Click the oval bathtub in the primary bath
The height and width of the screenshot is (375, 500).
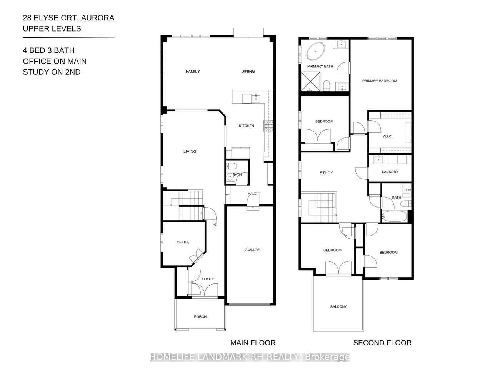(315, 51)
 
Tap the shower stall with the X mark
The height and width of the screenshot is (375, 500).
(310, 81)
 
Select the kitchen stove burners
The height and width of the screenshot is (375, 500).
(268, 126)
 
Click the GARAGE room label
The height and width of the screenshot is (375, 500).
(252, 250)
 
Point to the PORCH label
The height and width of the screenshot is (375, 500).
(200, 316)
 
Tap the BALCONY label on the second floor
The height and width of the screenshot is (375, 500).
(338, 306)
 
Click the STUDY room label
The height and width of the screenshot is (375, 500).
(326, 173)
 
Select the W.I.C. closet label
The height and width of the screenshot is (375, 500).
(387, 136)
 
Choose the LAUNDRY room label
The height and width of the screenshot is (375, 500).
(390, 172)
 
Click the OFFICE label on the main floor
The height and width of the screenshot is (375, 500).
(183, 242)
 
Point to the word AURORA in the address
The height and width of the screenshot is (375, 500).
(97, 18)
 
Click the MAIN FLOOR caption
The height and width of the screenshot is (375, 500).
(253, 343)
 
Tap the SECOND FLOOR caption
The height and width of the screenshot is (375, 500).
(382, 343)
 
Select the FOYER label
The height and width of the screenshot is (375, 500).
(208, 279)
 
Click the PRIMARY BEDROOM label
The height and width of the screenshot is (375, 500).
(380, 81)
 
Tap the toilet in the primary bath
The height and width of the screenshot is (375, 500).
(327, 85)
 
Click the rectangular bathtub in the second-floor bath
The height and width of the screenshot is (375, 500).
(395, 216)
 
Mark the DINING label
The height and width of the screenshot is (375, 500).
(248, 71)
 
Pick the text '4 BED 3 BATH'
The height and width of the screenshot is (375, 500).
(48, 50)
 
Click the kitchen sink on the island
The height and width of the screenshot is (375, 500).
(256, 99)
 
